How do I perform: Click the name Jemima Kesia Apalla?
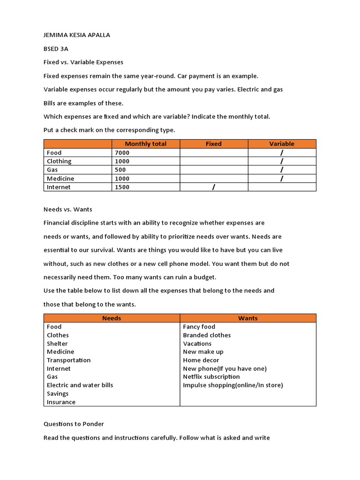77,35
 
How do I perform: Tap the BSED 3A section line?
56,49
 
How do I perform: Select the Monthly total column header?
145,144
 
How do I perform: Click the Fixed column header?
214,144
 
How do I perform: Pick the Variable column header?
282,144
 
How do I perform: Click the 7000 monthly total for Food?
122,153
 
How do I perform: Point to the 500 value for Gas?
120,170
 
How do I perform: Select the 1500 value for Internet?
122,187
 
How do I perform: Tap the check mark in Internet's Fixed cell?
214,187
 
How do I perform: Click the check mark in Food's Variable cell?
282,153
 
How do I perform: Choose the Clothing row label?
59,161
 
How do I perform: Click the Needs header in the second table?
112,318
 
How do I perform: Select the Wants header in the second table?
247,318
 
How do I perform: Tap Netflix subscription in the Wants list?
211,377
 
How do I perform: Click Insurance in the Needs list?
61,402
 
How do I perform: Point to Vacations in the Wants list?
197,344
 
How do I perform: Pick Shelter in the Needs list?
57,344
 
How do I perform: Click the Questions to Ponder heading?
74,424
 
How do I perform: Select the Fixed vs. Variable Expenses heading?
83,62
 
